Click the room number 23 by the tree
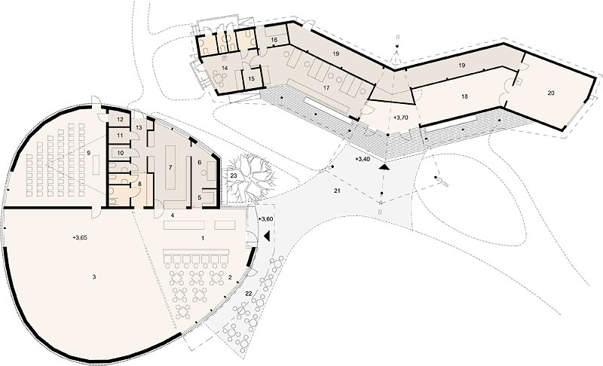(x=234, y=175)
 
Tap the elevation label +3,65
(x=80, y=238)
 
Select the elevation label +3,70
(x=400, y=118)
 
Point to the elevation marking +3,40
(x=363, y=159)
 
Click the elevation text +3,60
(x=265, y=219)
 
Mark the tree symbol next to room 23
(x=250, y=177)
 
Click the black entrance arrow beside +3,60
(x=268, y=236)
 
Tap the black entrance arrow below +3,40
(x=384, y=167)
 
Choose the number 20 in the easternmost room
(x=551, y=93)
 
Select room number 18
(x=464, y=96)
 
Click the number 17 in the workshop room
(x=326, y=88)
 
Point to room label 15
(x=252, y=79)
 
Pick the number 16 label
(x=274, y=40)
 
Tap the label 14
(x=225, y=68)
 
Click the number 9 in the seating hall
(x=89, y=153)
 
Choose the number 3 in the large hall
(x=93, y=276)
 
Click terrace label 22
(x=249, y=294)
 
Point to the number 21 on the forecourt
(x=337, y=191)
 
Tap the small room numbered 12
(x=120, y=120)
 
